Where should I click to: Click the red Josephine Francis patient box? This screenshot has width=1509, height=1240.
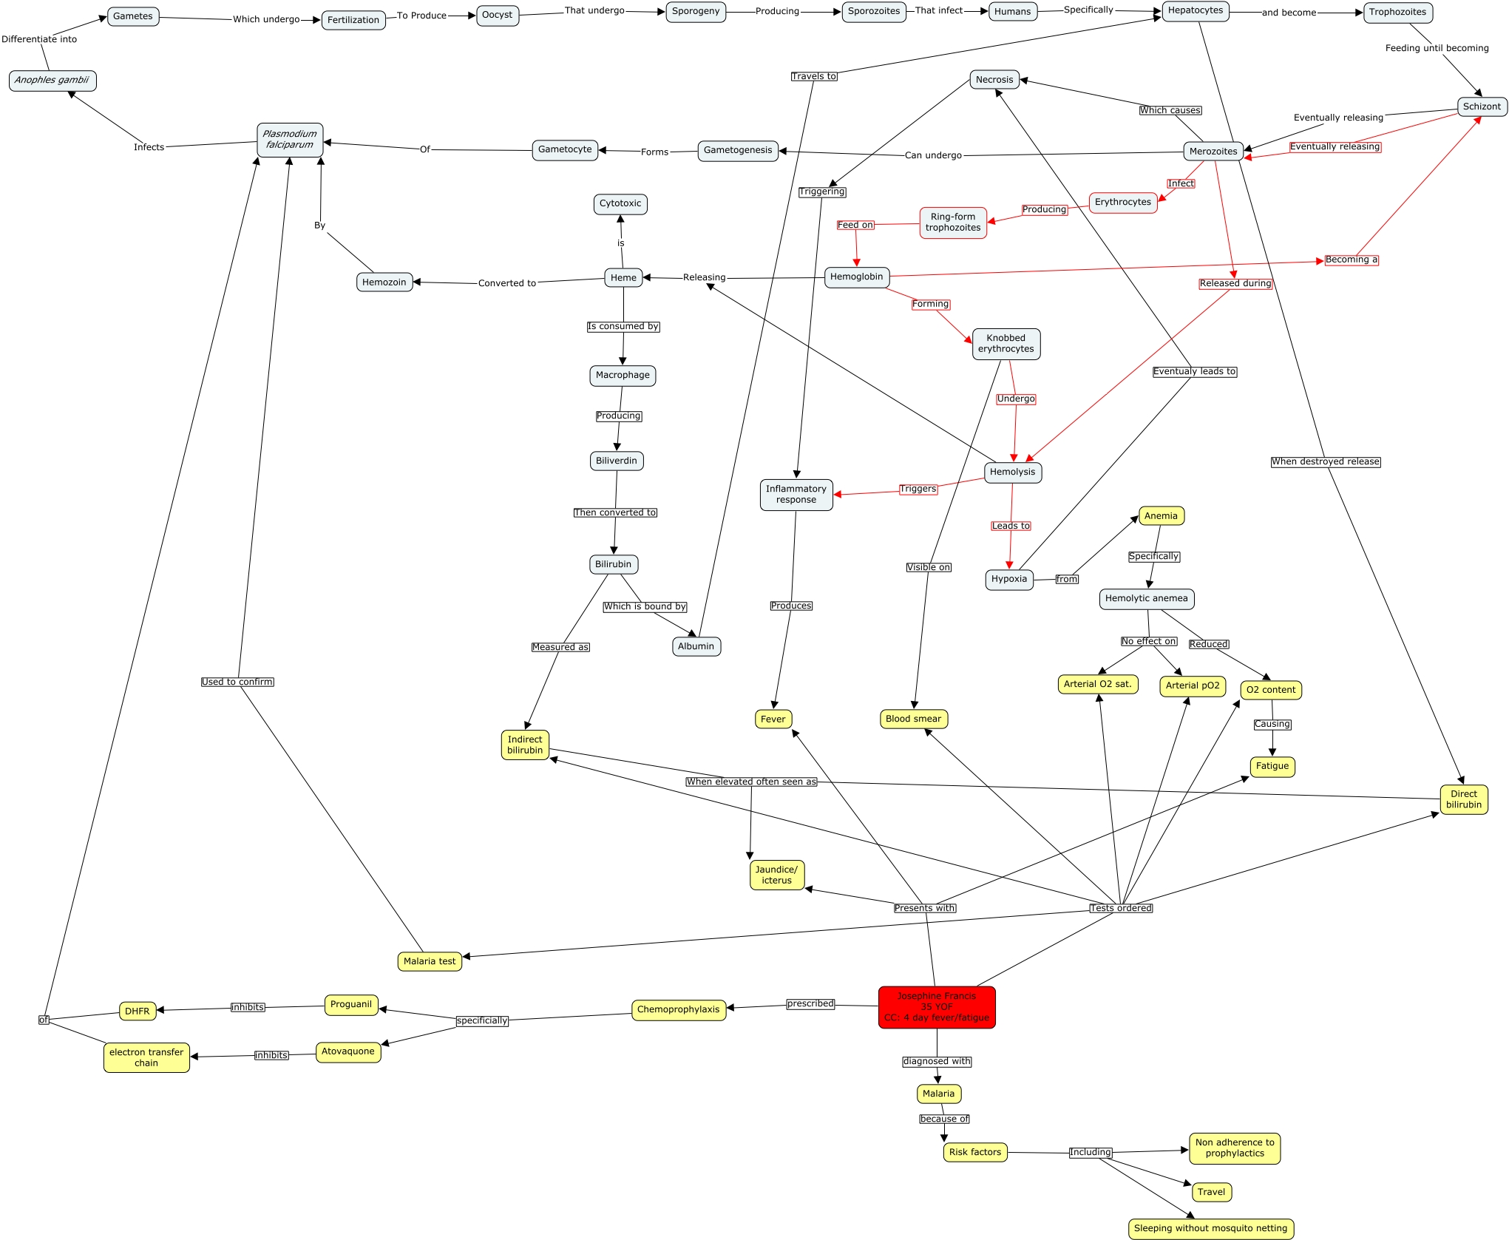[x=937, y=1007]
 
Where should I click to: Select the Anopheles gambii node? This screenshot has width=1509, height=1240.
[x=52, y=81]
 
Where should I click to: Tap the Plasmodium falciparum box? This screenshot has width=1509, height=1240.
[x=290, y=140]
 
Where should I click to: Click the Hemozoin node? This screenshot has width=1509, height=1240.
[x=384, y=282]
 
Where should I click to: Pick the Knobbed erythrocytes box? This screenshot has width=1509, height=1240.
[x=1006, y=344]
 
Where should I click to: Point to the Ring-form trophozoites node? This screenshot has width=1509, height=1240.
[x=953, y=223]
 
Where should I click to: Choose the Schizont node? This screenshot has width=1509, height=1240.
[x=1482, y=106]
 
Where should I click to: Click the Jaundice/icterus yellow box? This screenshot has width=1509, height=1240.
[x=776, y=875]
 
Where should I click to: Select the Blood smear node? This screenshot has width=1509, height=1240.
[x=913, y=719]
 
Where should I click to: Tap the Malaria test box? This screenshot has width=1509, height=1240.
[x=430, y=961]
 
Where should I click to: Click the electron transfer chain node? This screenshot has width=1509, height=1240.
[x=146, y=1057]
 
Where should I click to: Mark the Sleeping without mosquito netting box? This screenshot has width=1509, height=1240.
[x=1210, y=1228]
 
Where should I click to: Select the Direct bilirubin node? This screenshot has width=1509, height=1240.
[x=1464, y=799]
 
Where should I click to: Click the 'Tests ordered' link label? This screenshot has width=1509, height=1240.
[x=1121, y=908]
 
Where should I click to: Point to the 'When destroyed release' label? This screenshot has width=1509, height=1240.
[x=1326, y=461]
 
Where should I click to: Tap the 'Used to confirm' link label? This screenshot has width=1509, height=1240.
[x=237, y=682]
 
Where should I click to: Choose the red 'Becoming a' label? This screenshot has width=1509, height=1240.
[x=1352, y=260]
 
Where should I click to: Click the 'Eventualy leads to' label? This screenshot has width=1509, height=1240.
[x=1195, y=371]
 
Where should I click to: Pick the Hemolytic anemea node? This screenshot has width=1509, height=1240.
[x=1146, y=599]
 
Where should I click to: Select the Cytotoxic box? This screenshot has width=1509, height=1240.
[x=620, y=204]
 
